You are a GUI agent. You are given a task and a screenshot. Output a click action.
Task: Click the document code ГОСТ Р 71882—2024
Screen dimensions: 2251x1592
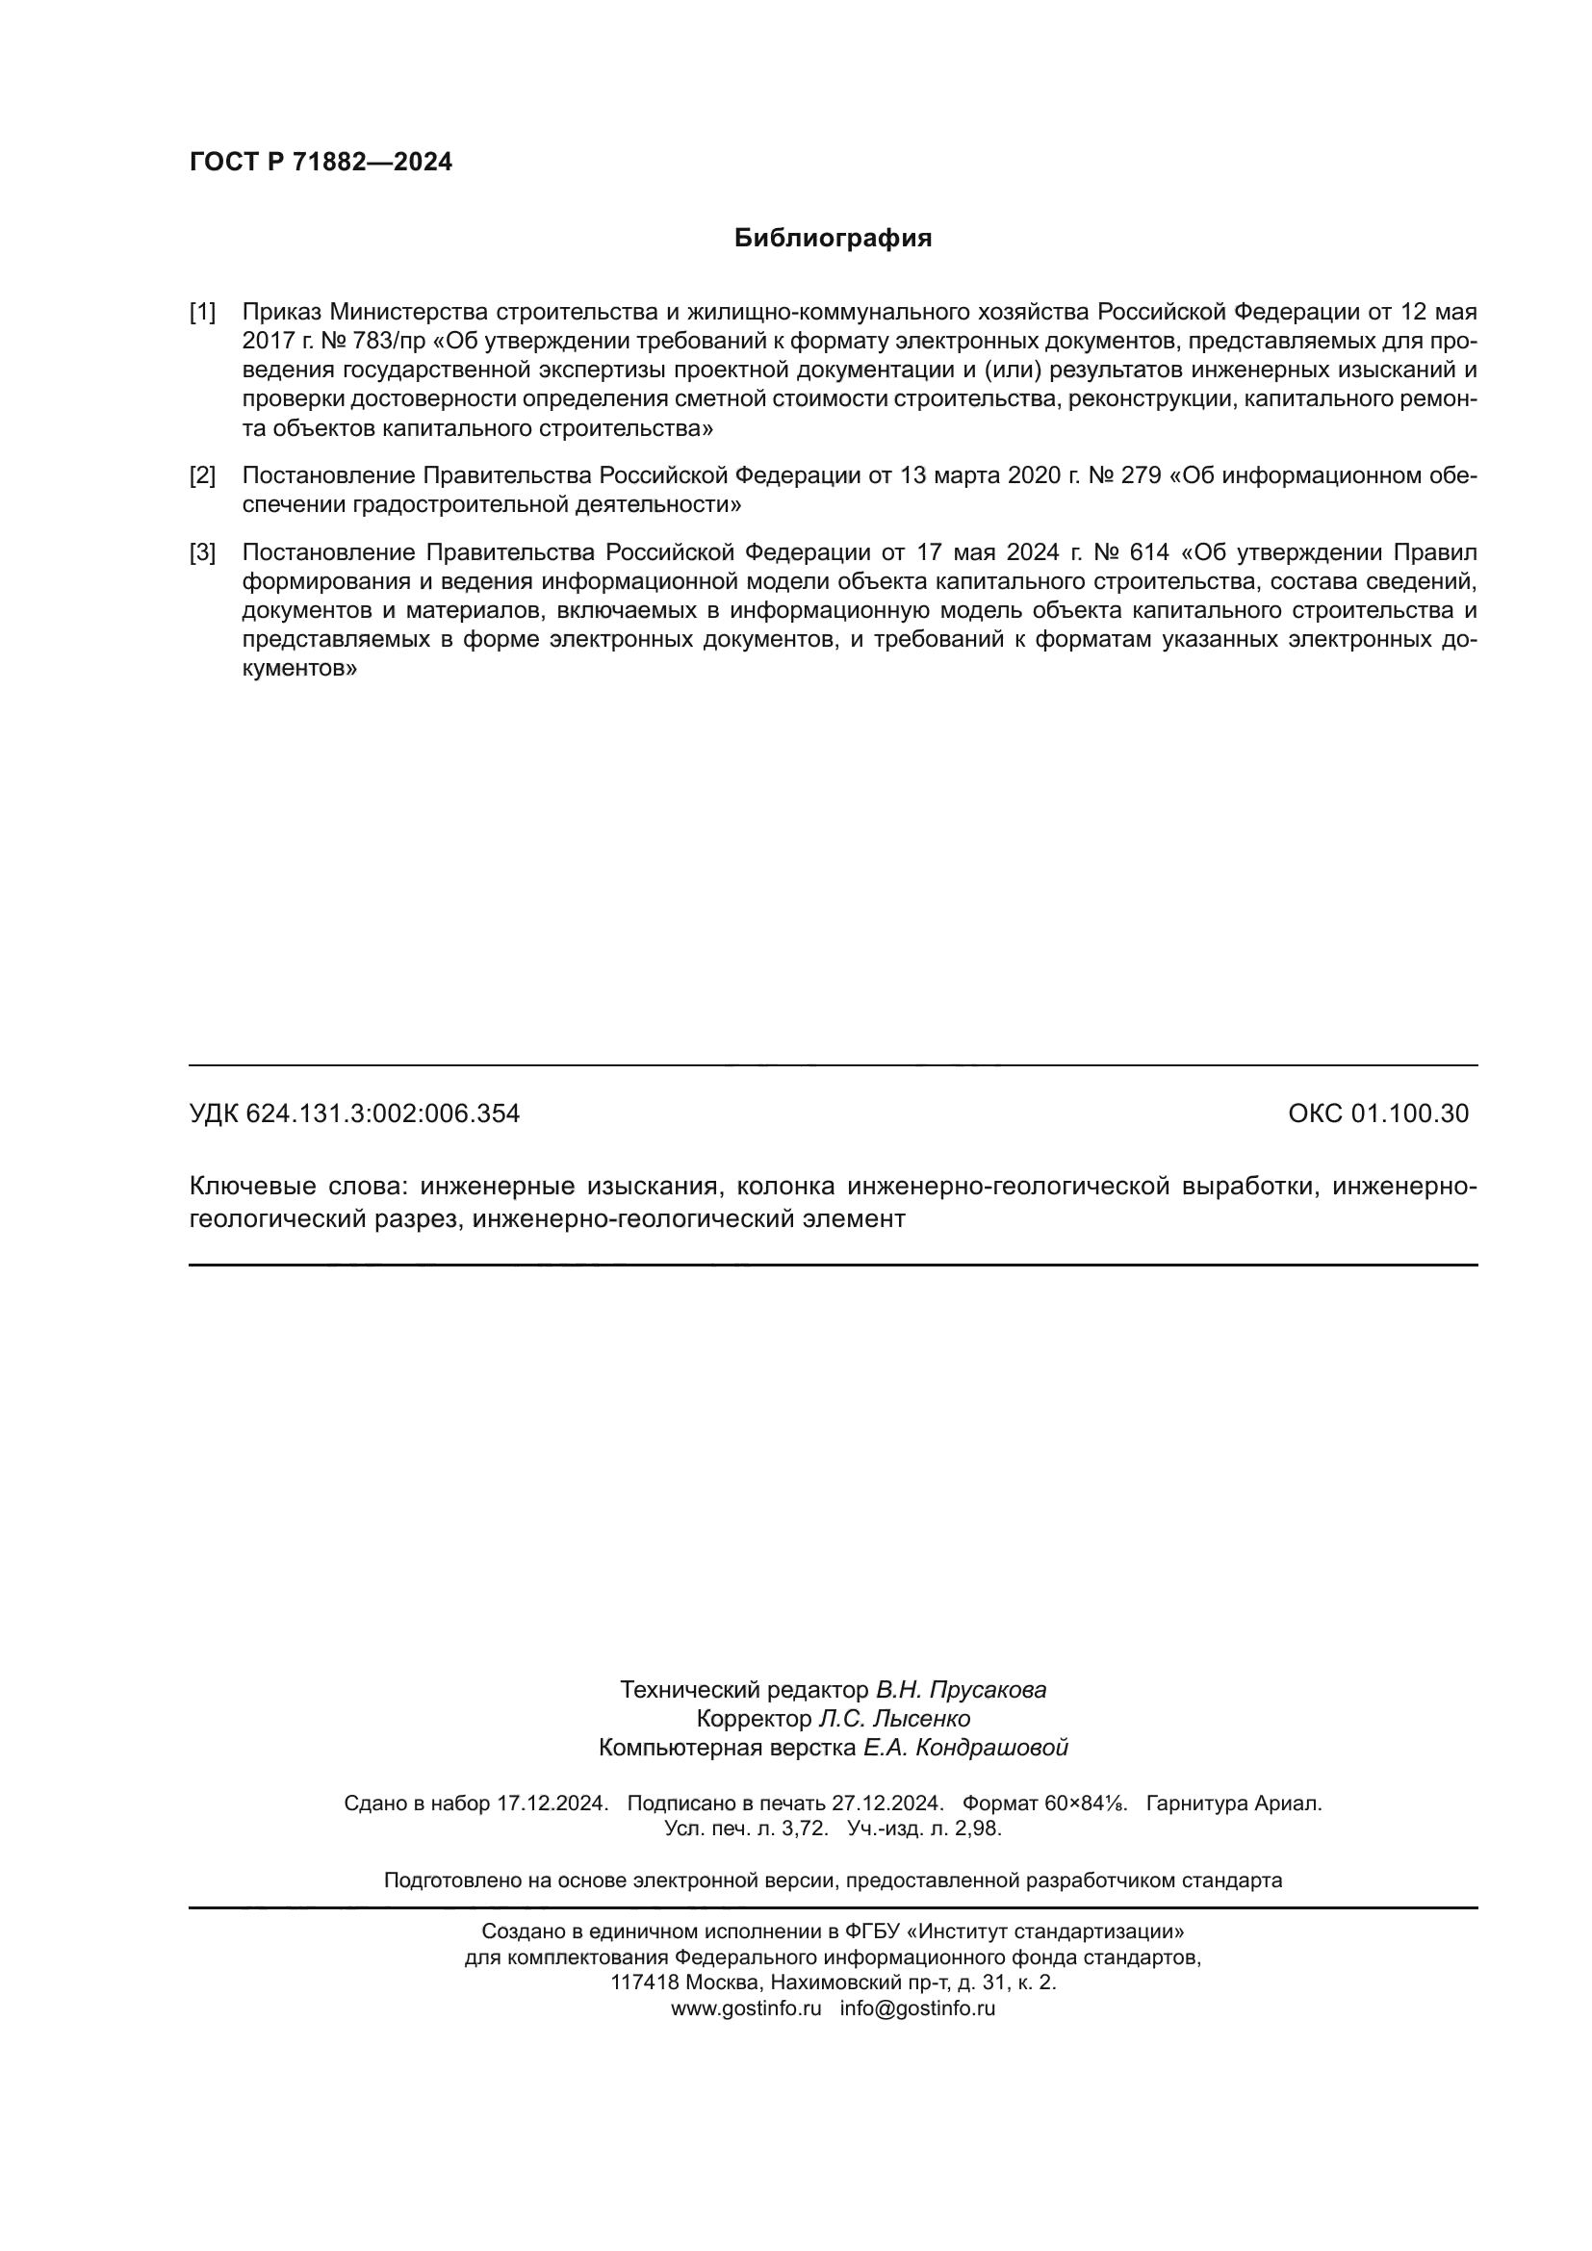click(321, 162)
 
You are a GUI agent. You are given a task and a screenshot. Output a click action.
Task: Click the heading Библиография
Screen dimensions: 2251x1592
click(833, 239)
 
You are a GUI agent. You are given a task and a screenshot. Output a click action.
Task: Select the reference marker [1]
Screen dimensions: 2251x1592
click(202, 312)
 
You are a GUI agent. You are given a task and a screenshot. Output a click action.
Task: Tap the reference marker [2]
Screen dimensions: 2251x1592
click(202, 475)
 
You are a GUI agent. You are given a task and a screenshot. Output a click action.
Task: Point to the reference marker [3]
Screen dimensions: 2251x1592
click(202, 552)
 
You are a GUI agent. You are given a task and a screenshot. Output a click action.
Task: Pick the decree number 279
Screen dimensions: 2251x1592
click(1140, 475)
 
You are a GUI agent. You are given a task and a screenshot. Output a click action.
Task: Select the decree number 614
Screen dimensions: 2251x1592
click(1149, 552)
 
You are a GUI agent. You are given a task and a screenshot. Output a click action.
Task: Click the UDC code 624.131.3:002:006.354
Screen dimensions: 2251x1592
click(382, 1113)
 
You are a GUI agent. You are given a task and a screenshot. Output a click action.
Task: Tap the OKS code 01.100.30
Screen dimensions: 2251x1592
click(1410, 1113)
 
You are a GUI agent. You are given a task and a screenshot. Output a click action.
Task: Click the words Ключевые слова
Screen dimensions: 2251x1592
click(295, 1187)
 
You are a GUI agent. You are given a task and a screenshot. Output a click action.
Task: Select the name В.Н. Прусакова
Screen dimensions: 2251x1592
click(961, 1689)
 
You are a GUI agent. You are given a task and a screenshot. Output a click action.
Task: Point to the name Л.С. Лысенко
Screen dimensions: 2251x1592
click(894, 1719)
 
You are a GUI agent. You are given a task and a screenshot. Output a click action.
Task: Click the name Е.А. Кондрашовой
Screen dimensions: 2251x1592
click(964, 1747)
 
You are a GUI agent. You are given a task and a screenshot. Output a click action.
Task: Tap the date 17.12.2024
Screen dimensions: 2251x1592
click(552, 1803)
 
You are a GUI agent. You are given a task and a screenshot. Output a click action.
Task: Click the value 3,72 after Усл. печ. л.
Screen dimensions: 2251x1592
click(806, 1829)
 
